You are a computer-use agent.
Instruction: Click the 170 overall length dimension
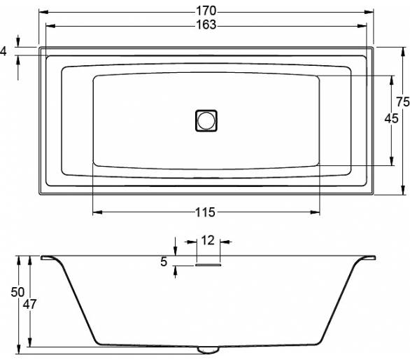pyautogui.click(x=206, y=11)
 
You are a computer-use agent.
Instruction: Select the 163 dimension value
pyautogui.click(x=206, y=25)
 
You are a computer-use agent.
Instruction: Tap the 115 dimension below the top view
pyautogui.click(x=206, y=212)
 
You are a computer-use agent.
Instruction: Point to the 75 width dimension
pyautogui.click(x=403, y=102)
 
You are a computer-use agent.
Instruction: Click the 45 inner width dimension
pyautogui.click(x=391, y=118)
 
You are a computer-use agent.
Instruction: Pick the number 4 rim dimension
pyautogui.click(x=3, y=51)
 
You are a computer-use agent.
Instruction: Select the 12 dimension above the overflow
pyautogui.click(x=208, y=240)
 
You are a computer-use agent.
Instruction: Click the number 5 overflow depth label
pyautogui.click(x=164, y=261)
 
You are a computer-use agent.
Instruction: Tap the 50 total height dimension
pyautogui.click(x=17, y=292)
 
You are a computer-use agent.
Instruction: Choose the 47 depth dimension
pyautogui.click(x=29, y=304)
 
